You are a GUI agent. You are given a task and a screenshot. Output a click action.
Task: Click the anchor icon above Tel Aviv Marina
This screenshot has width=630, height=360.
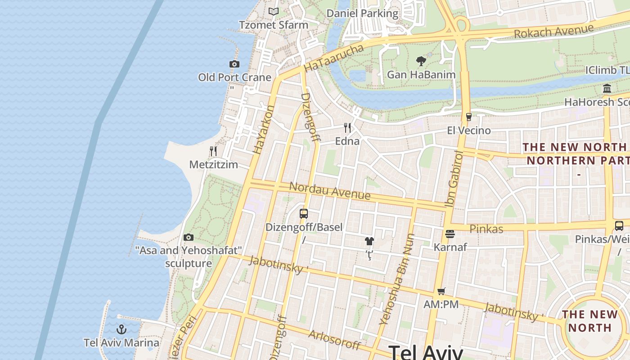coord(121,329)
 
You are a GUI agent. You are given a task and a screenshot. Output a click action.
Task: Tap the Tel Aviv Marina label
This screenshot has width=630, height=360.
coord(121,343)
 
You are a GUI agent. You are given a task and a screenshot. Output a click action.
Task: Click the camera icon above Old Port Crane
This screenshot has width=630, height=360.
coord(234,64)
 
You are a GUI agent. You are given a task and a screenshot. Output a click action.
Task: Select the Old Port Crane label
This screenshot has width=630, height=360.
coord(234,77)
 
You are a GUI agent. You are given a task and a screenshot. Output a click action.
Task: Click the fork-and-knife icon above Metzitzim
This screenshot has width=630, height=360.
coord(213,151)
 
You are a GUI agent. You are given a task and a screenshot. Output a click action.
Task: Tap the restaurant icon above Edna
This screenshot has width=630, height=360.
coord(347,128)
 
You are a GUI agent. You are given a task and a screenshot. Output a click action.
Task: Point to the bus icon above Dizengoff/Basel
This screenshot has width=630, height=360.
coord(304,214)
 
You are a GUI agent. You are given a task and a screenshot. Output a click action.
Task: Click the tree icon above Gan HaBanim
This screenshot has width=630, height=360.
coord(421,61)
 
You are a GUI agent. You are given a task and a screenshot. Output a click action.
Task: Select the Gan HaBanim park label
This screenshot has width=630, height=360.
coord(421,75)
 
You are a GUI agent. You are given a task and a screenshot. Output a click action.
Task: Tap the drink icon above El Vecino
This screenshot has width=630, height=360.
coord(468,117)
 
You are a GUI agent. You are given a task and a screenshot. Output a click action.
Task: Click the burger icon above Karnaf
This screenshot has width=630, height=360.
coord(450,234)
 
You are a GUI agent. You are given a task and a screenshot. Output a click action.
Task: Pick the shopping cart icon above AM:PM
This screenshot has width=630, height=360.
coord(441,291)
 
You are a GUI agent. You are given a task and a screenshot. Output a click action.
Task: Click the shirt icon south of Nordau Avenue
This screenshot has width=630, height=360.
coord(369,242)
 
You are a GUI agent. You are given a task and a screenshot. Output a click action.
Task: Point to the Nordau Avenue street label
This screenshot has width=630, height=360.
coord(330,191)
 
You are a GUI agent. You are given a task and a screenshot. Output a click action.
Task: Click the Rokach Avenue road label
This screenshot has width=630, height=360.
coord(553,31)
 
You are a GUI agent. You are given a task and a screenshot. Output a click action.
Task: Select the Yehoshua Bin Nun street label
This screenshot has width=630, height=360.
coord(396,279)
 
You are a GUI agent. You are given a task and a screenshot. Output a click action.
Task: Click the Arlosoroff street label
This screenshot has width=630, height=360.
coord(334,340)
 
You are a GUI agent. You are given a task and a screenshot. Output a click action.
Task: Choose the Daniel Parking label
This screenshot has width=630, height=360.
coord(362,13)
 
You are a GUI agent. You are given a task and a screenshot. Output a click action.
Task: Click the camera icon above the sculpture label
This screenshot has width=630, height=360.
coord(189,237)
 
